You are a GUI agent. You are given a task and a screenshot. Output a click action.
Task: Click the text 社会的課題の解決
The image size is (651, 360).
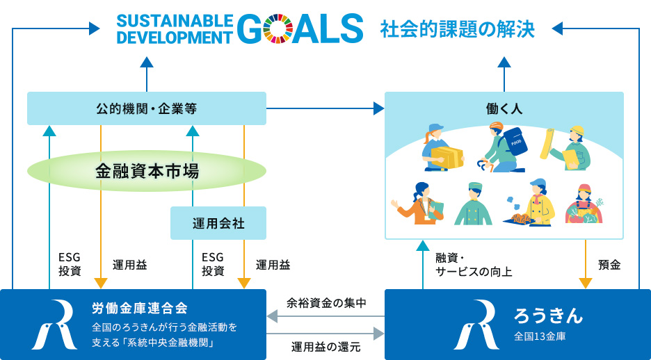click(457, 30)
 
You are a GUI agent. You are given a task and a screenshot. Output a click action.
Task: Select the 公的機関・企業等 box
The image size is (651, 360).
click(147, 108)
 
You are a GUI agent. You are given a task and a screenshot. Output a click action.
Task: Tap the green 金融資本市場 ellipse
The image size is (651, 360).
click(147, 171)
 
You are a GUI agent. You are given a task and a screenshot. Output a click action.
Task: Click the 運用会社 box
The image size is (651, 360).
click(218, 223)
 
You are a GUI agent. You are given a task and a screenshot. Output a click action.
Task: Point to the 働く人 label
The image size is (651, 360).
click(504, 109)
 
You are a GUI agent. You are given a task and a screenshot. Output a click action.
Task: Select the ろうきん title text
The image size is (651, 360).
click(548, 315)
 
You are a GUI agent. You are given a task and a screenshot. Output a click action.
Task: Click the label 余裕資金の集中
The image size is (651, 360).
click(326, 302)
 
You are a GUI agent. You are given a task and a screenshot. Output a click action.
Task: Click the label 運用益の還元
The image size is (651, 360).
click(326, 346)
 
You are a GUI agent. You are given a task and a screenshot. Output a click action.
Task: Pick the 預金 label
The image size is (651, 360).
click(609, 265)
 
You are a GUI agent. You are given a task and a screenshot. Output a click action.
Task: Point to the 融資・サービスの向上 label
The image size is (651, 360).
click(473, 265)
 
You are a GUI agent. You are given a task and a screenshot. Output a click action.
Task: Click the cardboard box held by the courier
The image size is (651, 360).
click(447, 156)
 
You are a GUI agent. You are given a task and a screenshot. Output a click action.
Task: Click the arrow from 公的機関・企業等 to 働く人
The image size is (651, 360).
click(325, 108)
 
